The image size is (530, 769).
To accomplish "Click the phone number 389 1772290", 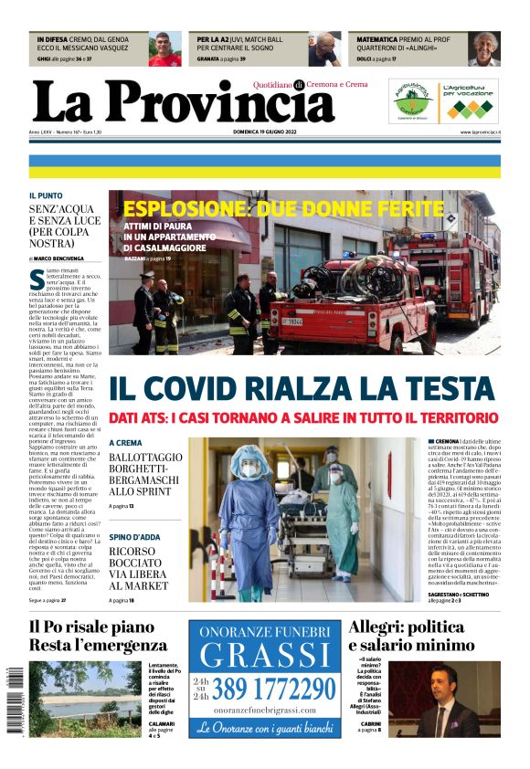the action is pos(275,687).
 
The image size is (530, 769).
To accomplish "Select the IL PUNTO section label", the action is pos(45,195).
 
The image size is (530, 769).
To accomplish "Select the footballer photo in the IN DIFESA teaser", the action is pos(165,49).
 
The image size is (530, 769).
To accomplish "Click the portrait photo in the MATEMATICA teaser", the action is pos(484,49).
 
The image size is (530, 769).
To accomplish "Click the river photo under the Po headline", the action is pos(85,699).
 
